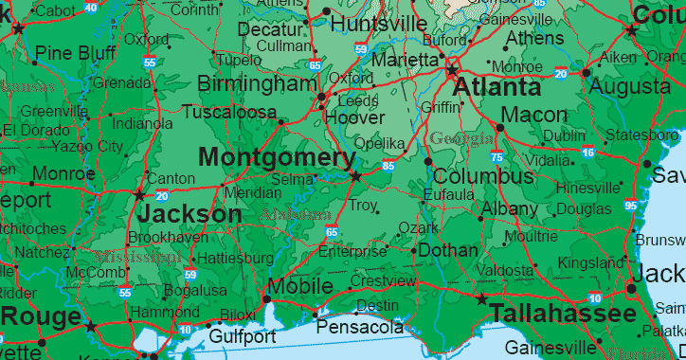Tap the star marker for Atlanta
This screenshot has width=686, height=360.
pyautogui.click(x=452, y=70)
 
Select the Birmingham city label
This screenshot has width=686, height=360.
pyautogui.click(x=257, y=84)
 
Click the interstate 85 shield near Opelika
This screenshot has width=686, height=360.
pyautogui.click(x=388, y=166)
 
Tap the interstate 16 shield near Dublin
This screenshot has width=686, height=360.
pyautogui.click(x=587, y=152)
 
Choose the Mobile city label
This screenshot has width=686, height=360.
pyautogui.click(x=299, y=286)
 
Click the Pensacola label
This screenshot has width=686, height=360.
pyautogui.click(x=360, y=327)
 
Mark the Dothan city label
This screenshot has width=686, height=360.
pyautogui.click(x=448, y=251)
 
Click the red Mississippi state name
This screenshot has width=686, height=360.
pyautogui.click(x=137, y=257)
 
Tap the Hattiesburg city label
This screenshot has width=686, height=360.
pyautogui.click(x=232, y=258)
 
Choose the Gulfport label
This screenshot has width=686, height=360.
pyautogui.click(x=243, y=336)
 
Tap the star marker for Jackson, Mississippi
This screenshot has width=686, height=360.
pyautogui.click(x=140, y=195)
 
